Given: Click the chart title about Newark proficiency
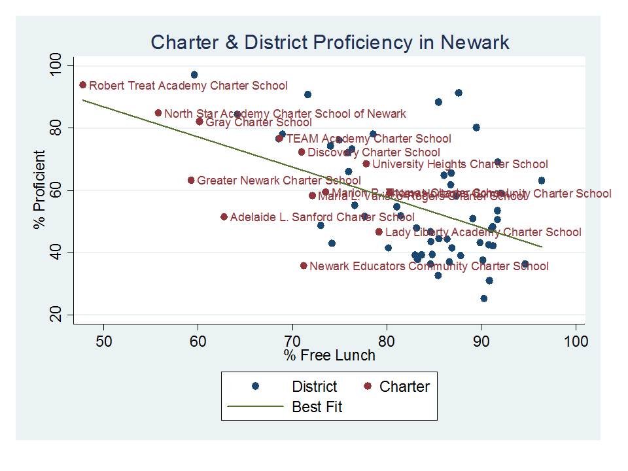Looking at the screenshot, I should click(330, 43).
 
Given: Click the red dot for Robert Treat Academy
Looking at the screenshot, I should click(83, 85).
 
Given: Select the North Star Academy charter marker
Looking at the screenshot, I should click(158, 113).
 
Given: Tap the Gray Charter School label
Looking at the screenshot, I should click(258, 122).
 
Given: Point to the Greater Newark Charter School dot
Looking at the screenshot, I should click(191, 180).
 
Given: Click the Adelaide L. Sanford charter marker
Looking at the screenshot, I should click(224, 217).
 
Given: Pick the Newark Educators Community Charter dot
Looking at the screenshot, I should click(304, 266).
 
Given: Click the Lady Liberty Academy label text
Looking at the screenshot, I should click(483, 232).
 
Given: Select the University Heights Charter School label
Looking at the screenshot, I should click(460, 164).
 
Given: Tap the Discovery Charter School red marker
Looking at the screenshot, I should click(302, 152).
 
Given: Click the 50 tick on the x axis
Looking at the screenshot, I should click(103, 341).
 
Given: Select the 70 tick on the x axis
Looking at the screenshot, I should click(292, 341).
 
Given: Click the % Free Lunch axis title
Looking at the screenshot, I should click(330, 355).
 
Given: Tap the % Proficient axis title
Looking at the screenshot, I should click(40, 190).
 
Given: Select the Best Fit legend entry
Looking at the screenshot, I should click(317, 407).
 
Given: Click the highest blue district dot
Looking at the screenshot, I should click(194, 75).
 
